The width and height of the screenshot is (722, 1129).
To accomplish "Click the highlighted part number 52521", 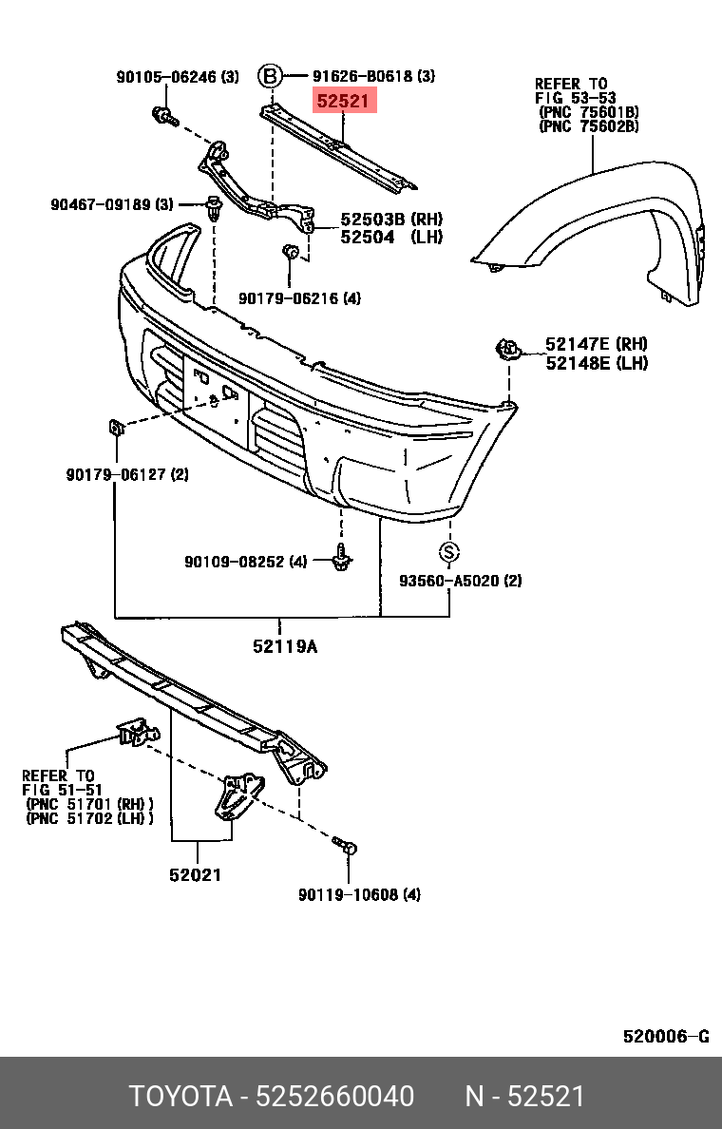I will point(345,101).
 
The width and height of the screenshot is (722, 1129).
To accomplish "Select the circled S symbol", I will point(449,552).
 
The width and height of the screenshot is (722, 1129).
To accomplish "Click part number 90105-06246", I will point(167,77).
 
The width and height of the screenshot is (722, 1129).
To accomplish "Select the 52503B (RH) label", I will point(377,220).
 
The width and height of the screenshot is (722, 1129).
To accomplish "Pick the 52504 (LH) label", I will point(377,238).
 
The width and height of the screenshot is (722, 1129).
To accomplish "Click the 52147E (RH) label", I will point(596,344).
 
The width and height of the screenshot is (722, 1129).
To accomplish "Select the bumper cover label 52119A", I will point(284,647).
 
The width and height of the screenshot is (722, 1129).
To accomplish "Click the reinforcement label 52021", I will point(196,874).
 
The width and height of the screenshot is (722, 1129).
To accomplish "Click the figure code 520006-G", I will point(665,1036).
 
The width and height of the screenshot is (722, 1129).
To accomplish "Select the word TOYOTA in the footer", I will point(180,1097).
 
